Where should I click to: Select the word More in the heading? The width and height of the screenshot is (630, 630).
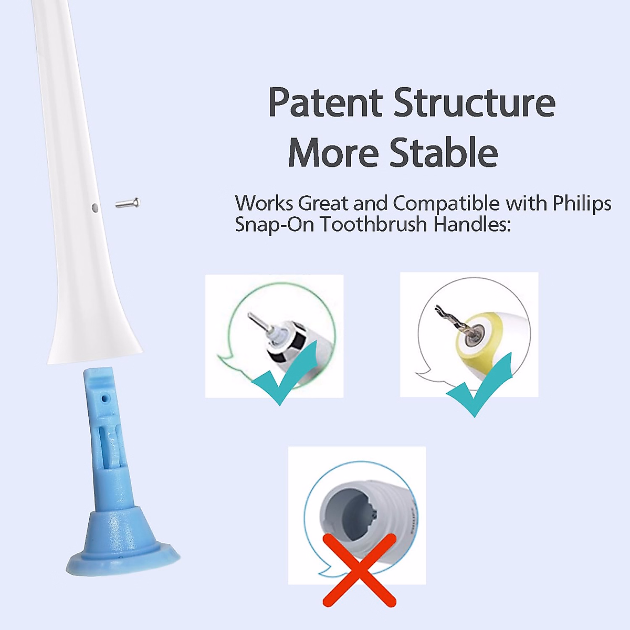click(333, 153)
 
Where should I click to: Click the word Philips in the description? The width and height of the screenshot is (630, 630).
click(582, 203)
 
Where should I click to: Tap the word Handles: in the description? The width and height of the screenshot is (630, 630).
click(471, 225)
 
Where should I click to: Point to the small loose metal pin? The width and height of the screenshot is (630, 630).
click(128, 203)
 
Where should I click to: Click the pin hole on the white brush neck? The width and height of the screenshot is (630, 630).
click(94, 208)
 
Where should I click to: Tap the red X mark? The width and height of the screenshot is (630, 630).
click(359, 570)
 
